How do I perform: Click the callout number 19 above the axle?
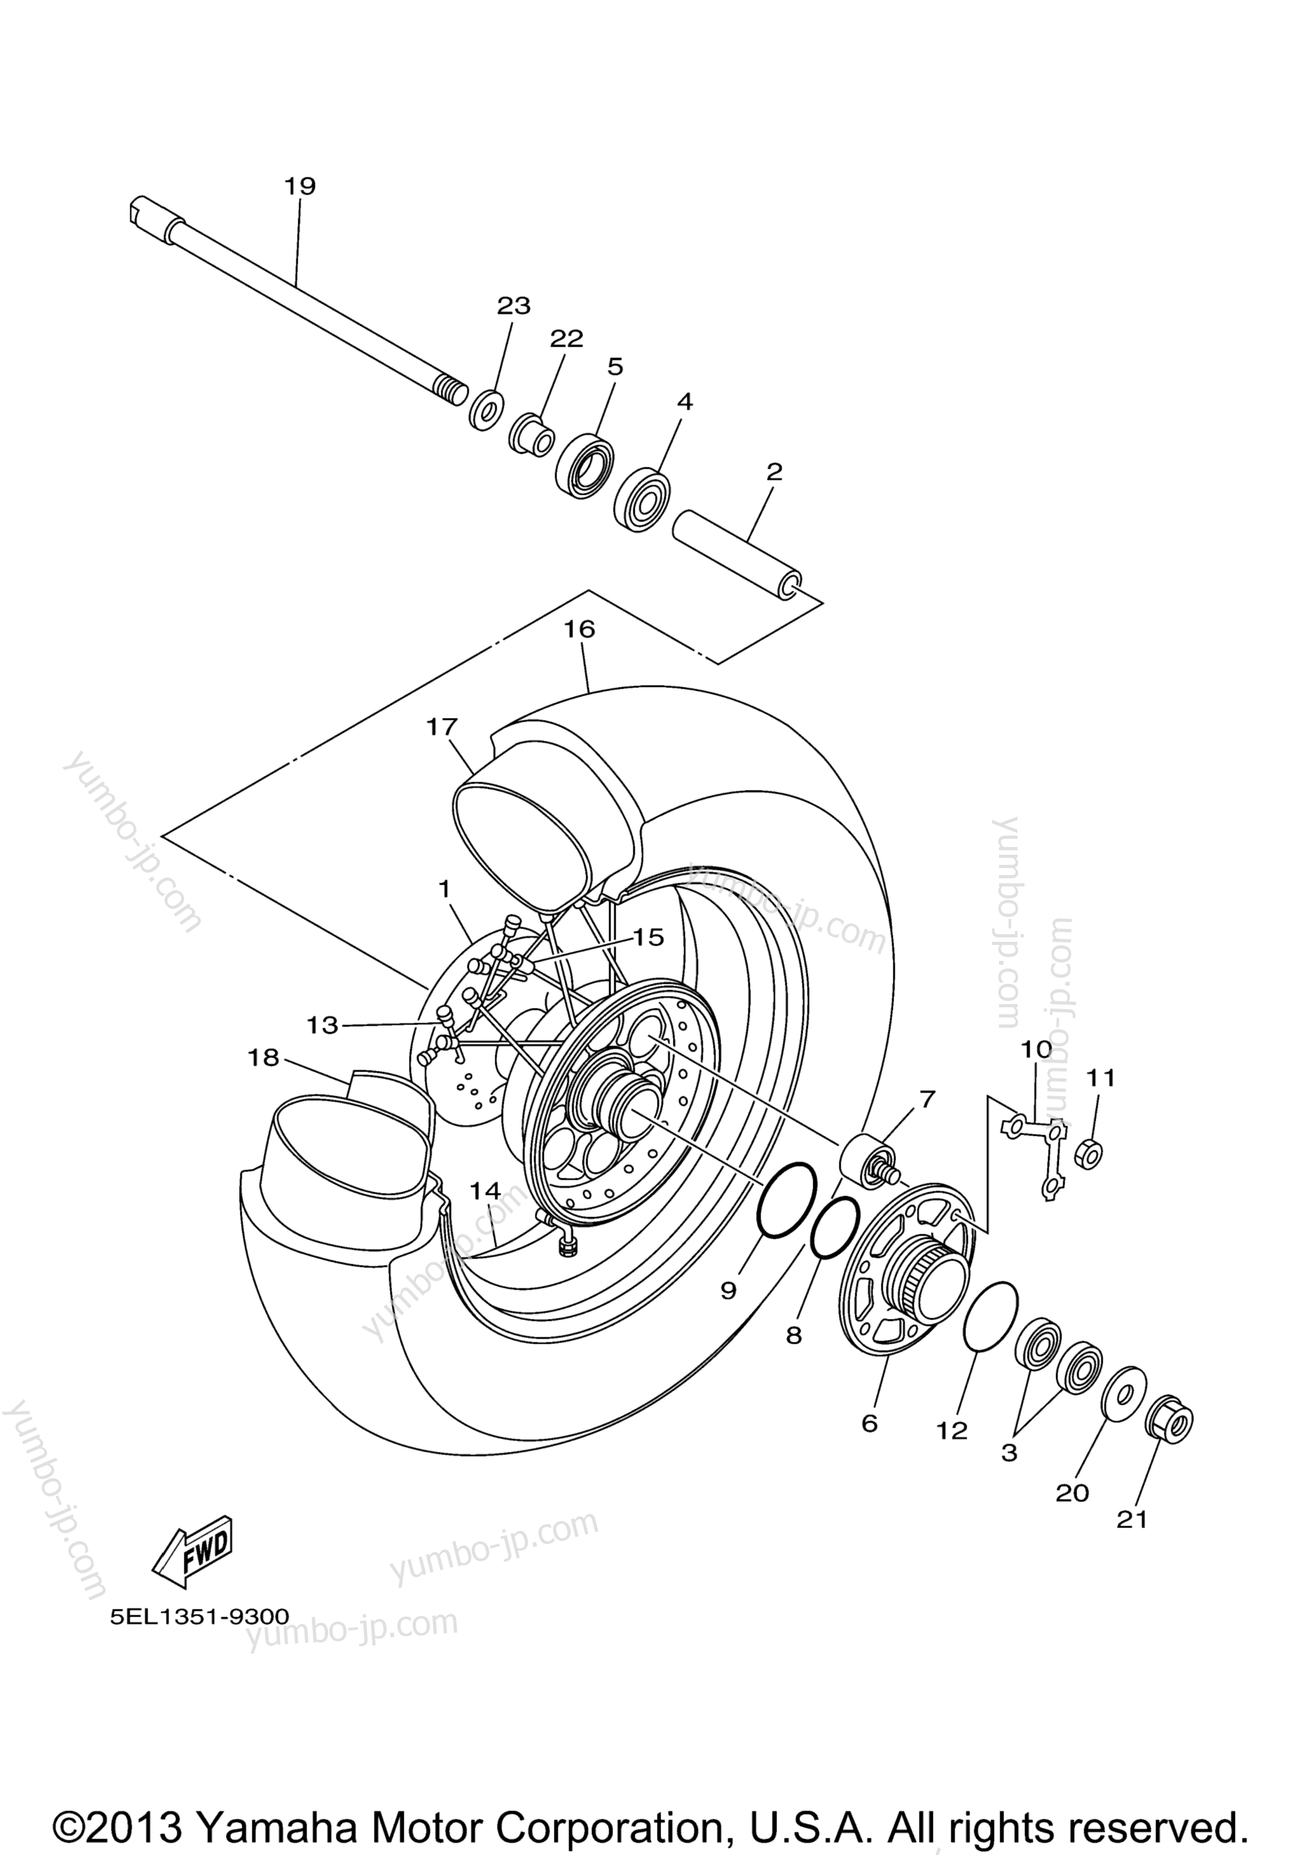tap(299, 186)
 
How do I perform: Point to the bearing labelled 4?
tap(642, 499)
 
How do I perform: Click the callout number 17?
tap(441, 727)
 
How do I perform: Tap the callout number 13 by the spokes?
tap(322, 1025)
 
